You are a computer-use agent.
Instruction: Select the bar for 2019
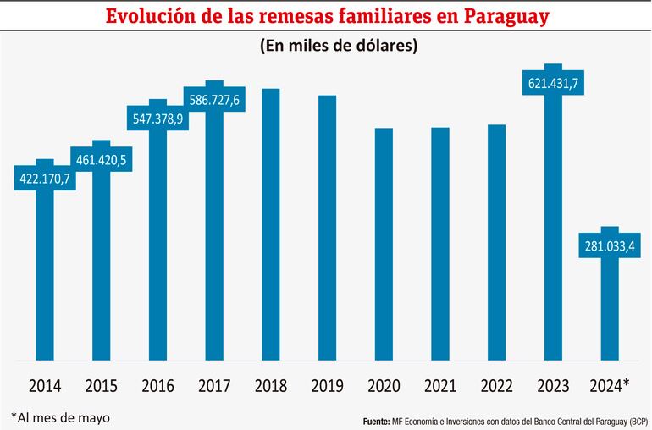[327, 229]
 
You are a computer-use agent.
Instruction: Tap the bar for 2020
[384, 245]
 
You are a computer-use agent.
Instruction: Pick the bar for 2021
[439, 245]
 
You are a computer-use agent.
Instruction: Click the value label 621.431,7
[553, 83]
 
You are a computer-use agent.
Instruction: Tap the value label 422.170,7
[46, 179]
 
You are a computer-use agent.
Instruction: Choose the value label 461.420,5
[102, 159]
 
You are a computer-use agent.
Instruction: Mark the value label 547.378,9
[157, 119]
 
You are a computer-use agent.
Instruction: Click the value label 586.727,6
[214, 100]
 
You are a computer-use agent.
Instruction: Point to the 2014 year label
[45, 385]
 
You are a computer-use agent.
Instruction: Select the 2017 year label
[214, 385]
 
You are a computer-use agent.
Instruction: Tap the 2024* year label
[608, 385]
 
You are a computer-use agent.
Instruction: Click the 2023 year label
[553, 385]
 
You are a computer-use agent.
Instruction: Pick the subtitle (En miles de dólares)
[337, 47]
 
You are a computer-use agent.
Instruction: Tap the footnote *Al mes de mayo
[60, 416]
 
